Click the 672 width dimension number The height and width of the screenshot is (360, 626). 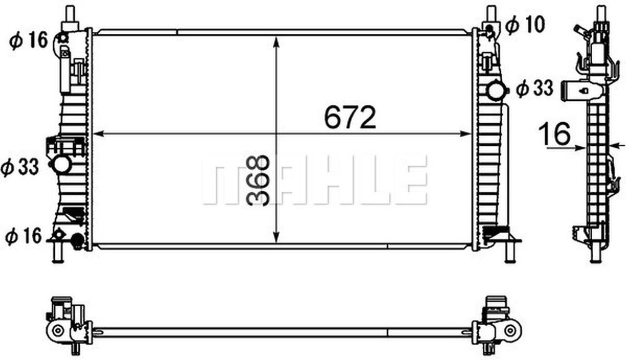tap(350, 117)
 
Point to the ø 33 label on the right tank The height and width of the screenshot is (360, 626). tap(535, 89)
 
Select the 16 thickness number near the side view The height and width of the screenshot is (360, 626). tap(555, 134)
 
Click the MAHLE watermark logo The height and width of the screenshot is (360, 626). tap(315, 180)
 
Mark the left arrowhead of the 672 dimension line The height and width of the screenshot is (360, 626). tap(97, 134)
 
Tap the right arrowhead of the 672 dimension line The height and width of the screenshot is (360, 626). tap(467, 134)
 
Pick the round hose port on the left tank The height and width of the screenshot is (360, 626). tap(62, 164)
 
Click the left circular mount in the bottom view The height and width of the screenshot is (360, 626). tap(58, 330)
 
